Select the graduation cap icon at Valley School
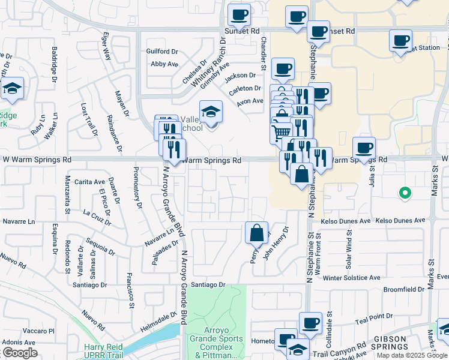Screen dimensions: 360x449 tap(211, 112)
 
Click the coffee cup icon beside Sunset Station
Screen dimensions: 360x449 tap(400, 41)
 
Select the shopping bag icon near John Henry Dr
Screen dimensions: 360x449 tap(256, 232)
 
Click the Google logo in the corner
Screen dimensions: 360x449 tap(19, 353)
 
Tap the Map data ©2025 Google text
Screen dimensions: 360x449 tap(411, 355)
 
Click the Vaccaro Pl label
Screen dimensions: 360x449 tap(38, 331)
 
